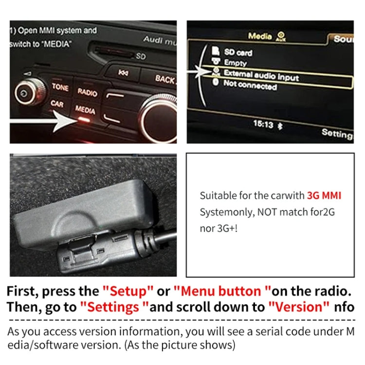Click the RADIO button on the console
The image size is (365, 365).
pyautogui.click(x=87, y=91)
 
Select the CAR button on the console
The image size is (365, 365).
pyautogui.click(x=57, y=104)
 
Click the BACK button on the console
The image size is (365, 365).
pyautogui.click(x=165, y=78)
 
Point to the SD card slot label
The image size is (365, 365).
pyautogui.click(x=141, y=56)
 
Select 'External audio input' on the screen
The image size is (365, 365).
pyautogui.click(x=261, y=74)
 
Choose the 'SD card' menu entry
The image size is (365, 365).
pyautogui.click(x=238, y=52)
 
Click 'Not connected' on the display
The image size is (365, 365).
pyautogui.click(x=250, y=85)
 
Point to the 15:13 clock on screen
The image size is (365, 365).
pyautogui.click(x=263, y=124)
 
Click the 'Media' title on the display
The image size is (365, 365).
pyautogui.click(x=260, y=36)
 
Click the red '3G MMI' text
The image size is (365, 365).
pyautogui.click(x=324, y=196)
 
